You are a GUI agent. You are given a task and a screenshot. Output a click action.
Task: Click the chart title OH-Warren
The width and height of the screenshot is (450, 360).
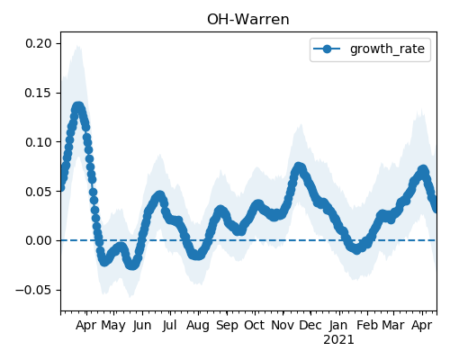pos(248,20)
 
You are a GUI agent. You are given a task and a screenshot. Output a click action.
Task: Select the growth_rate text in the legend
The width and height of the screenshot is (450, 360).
pos(387,49)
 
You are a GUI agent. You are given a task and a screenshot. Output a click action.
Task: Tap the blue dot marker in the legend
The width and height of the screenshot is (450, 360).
pos(327,49)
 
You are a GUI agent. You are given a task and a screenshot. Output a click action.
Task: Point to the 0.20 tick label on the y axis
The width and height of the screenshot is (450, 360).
pos(39,44)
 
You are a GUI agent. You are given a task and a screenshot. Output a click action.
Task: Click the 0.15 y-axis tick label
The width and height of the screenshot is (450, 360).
pos(39,93)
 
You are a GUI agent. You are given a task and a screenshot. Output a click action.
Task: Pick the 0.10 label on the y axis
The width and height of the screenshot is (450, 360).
pos(39,142)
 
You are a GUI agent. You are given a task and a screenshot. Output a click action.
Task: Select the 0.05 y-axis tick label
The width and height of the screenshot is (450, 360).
pos(39,192)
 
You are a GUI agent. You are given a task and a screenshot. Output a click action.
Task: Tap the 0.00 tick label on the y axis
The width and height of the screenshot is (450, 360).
pos(39,240)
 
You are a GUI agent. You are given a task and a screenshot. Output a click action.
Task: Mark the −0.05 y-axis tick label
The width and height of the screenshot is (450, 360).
pos(34,290)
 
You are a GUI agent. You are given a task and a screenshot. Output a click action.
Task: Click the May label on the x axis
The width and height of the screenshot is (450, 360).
pos(113,326)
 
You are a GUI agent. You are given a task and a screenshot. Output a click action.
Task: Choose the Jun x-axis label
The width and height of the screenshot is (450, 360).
pos(142,326)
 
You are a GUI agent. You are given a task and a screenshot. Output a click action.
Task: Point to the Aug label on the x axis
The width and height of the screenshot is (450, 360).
pos(198,326)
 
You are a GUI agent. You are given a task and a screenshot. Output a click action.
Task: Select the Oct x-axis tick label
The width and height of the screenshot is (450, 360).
pos(255,325)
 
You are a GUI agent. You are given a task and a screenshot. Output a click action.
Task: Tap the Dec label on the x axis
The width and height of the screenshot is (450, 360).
pos(310,325)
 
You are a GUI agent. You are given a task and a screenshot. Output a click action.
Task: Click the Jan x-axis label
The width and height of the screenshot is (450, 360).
pos(338,326)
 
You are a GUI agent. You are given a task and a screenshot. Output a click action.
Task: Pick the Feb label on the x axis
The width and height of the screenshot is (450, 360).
pos(367,325)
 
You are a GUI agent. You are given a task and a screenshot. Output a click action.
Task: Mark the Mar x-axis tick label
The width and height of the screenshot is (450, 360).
pos(393,325)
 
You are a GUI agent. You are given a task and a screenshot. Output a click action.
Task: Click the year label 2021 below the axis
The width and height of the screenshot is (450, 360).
pos(338,340)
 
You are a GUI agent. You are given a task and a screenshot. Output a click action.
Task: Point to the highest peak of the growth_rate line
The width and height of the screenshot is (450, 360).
pos(78,107)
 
